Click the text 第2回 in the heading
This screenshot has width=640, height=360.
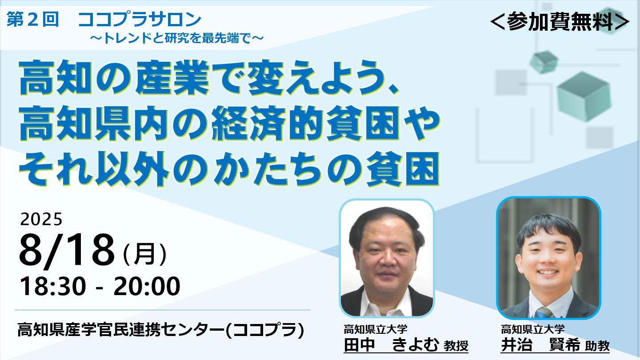point(32,20)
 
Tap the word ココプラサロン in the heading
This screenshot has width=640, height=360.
point(140,20)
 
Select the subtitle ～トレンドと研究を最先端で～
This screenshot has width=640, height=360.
point(176,38)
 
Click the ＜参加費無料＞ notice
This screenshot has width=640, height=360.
point(560,22)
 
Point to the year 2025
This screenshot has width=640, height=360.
point(41,220)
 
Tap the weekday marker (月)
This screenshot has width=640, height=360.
point(144,254)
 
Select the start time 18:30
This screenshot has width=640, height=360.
point(53,286)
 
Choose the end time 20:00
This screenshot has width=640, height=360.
point(147,286)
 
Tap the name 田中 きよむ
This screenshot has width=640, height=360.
point(391,345)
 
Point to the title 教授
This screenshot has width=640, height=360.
point(456,346)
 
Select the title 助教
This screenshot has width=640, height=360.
point(597,346)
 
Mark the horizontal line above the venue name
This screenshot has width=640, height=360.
point(163,310)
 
